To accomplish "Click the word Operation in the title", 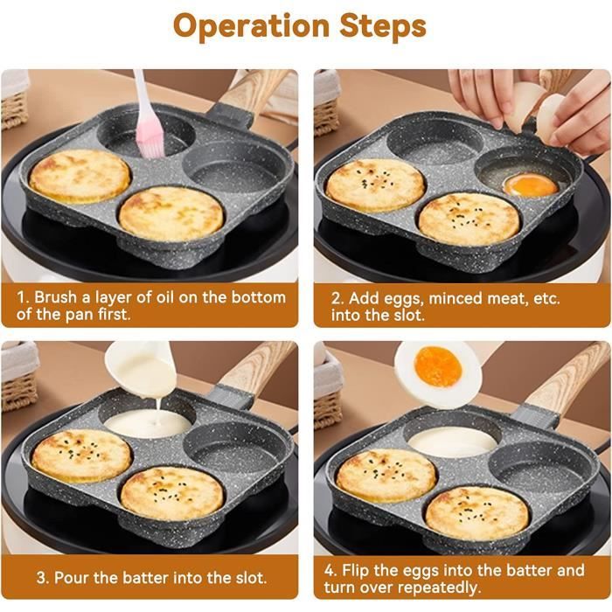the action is (252, 26).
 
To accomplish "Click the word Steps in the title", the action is (383, 26).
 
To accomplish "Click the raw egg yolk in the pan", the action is (531, 184).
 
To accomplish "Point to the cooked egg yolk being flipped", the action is (438, 367).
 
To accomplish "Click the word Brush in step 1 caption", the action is (55, 297).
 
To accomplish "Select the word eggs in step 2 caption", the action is (404, 299).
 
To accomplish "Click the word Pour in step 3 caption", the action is (72, 578).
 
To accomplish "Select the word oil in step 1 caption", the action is (165, 297).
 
